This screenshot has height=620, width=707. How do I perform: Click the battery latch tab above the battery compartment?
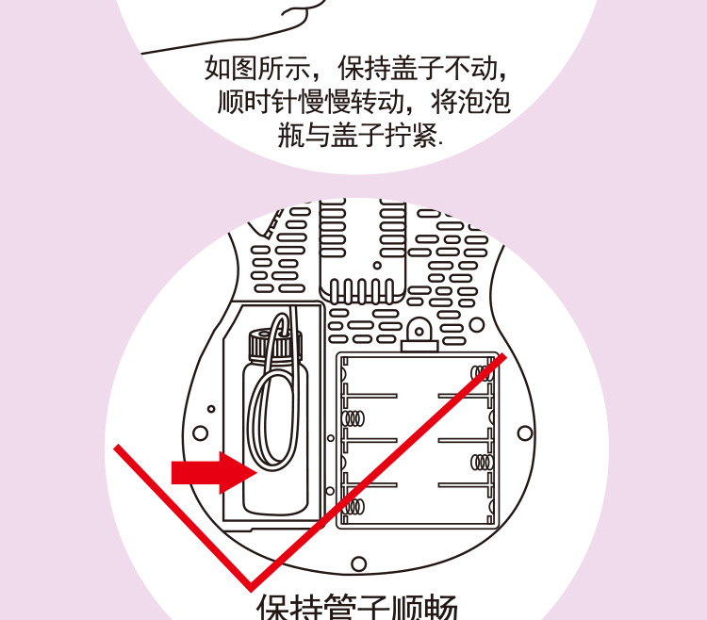click(x=419, y=331)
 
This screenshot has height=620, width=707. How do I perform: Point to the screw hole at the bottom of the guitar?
click(x=358, y=563)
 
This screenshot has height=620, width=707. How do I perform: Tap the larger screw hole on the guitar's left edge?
click(x=200, y=434)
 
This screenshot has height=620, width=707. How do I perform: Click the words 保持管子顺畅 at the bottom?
click(x=357, y=606)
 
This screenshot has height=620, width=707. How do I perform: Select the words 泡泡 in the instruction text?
click(x=488, y=102)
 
